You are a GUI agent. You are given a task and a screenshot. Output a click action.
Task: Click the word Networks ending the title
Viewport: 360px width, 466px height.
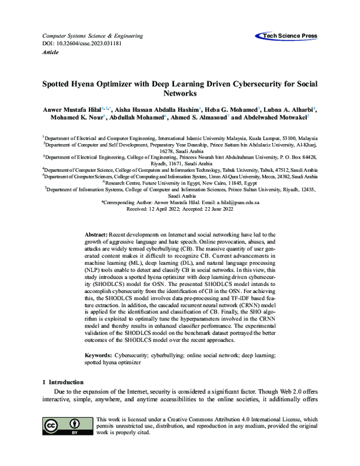tap(180, 94)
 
